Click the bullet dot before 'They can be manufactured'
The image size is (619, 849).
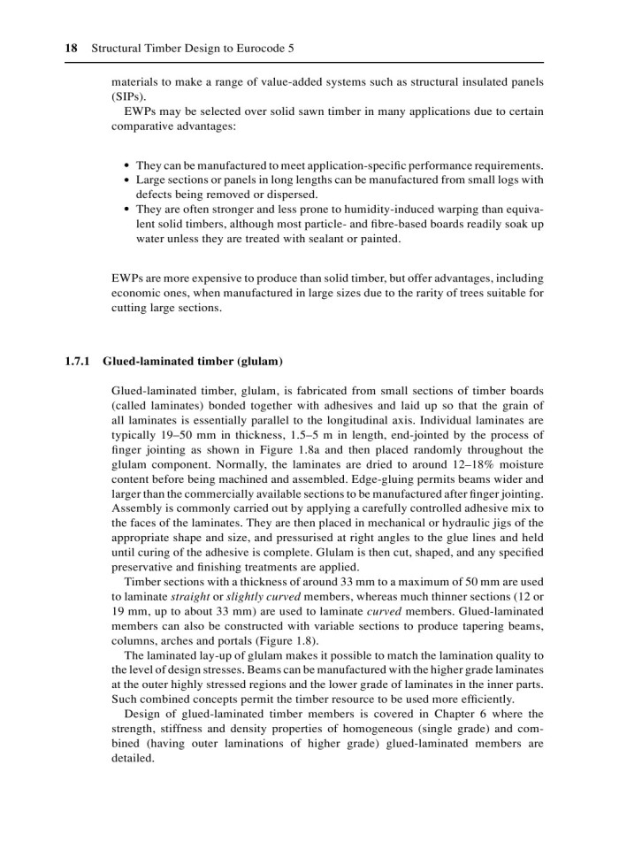click(128, 165)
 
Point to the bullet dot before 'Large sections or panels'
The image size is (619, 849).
click(128, 180)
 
